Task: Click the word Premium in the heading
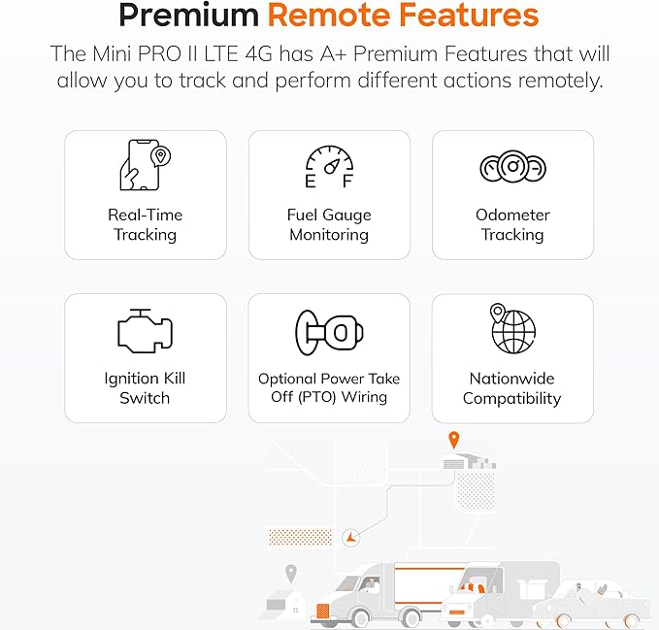point(188,16)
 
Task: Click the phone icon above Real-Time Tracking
point(145,165)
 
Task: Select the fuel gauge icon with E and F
point(329,166)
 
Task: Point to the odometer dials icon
point(512,166)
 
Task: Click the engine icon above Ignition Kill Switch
point(145,331)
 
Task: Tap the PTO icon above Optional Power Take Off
point(329,332)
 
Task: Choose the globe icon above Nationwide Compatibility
point(512,328)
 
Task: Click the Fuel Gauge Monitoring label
point(329,224)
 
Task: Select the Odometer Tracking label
point(512,224)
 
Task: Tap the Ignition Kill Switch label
point(145,388)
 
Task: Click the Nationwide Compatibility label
point(511,388)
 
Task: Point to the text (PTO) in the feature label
point(317,397)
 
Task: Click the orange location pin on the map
point(453,440)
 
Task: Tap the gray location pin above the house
point(291,574)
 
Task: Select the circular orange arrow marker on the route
point(350,537)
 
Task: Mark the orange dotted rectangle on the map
point(300,537)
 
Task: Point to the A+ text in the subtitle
point(333,53)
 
